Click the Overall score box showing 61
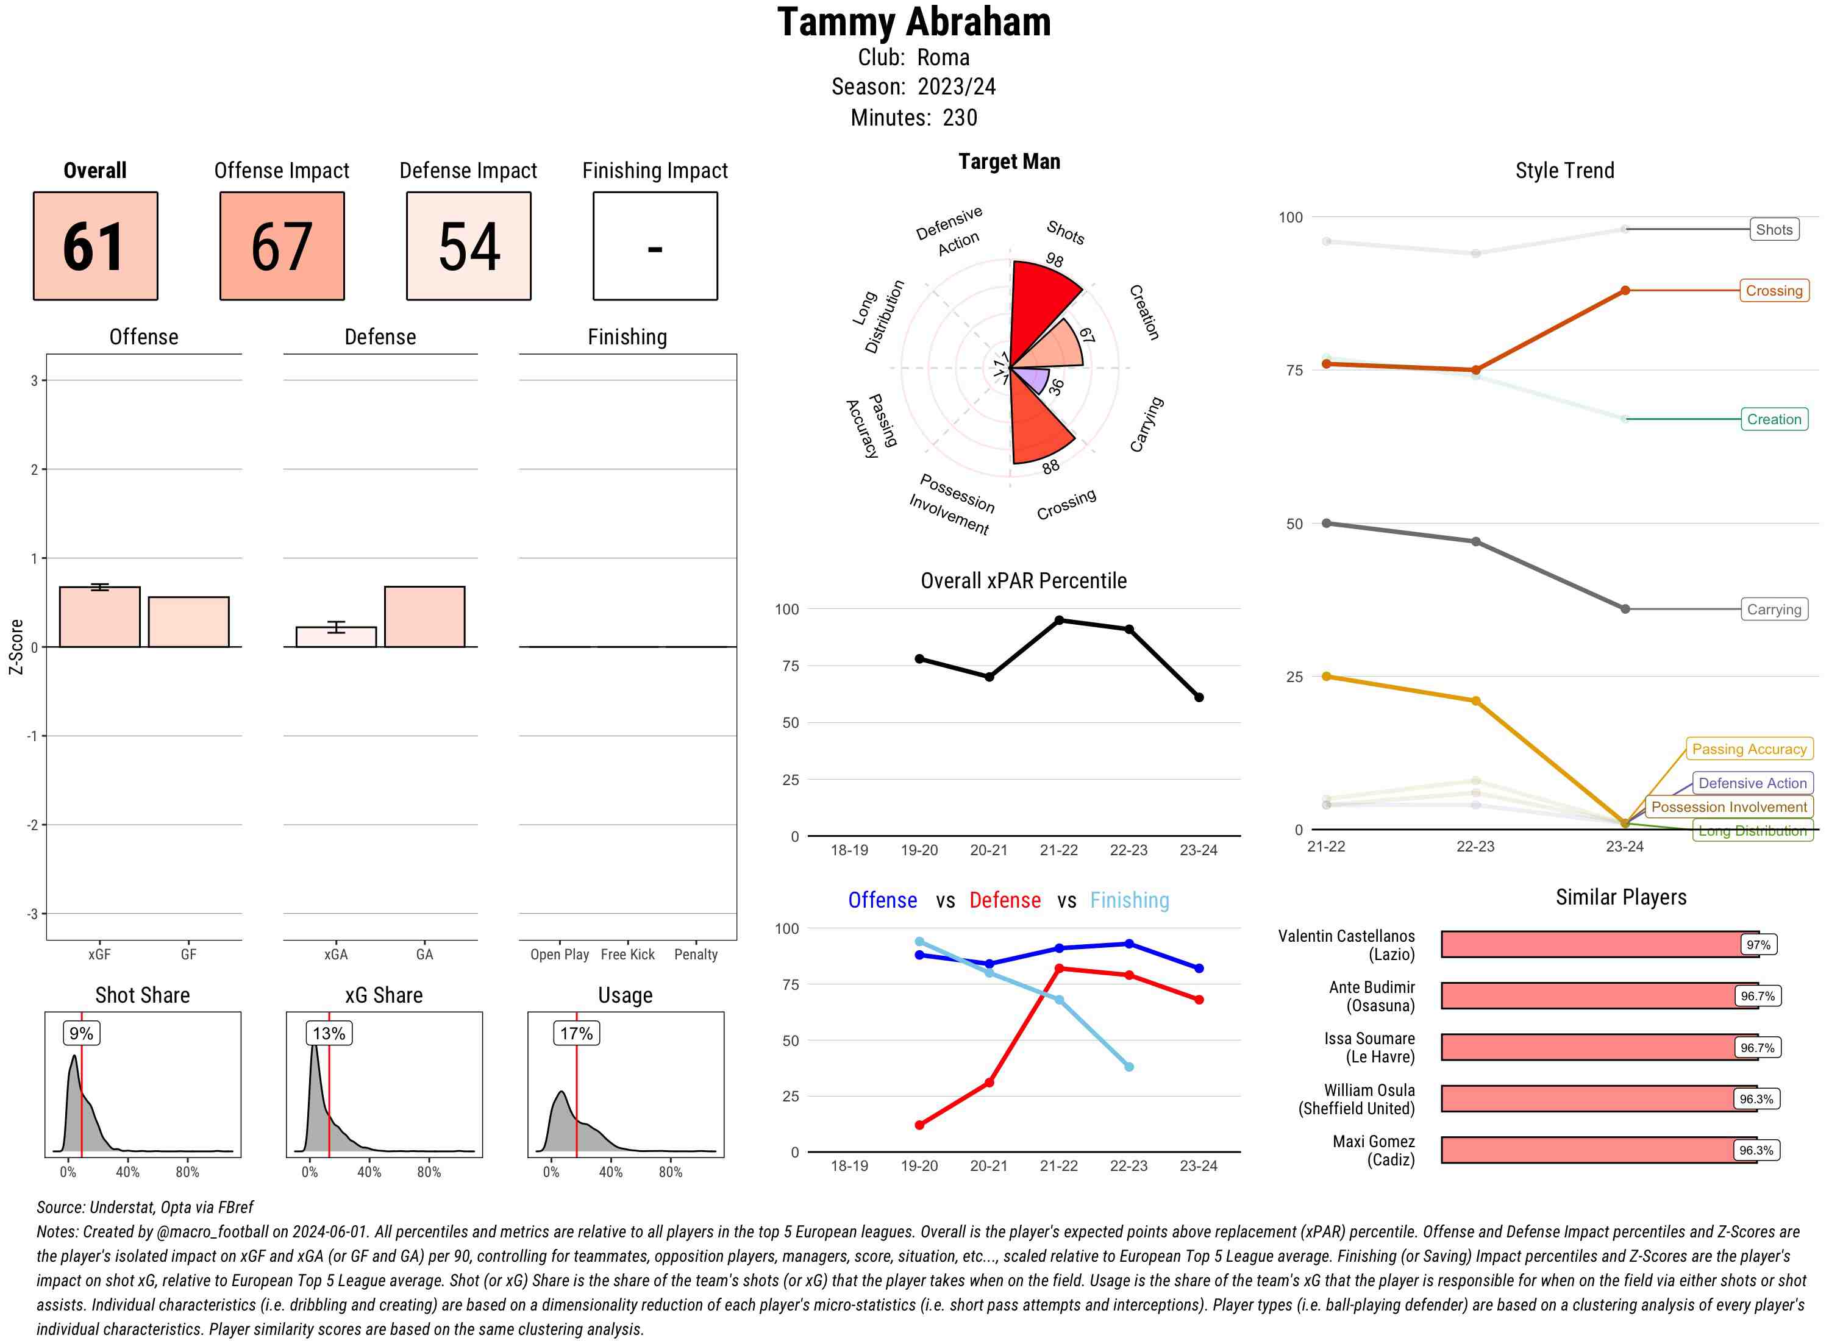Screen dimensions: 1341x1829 pos(95,246)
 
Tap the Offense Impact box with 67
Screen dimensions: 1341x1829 pos(282,246)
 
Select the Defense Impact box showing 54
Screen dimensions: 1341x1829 pos(468,246)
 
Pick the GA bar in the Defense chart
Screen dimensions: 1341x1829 pos(424,616)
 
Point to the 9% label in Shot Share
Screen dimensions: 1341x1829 pos(81,1033)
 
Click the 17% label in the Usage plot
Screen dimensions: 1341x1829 pos(576,1033)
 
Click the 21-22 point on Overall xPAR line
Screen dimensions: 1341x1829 pos(1058,620)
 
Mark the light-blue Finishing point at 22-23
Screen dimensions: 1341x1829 pos(1128,1067)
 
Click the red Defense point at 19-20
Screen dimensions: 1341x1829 pos(919,1125)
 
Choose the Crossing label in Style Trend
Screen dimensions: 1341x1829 pos(1774,291)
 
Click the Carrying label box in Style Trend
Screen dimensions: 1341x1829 pos(1774,610)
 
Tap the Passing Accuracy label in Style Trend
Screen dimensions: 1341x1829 pos(1749,749)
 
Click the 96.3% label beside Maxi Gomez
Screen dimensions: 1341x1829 pos(1756,1150)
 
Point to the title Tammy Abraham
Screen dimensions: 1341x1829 pos(914,22)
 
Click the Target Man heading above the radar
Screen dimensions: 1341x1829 pos(1009,162)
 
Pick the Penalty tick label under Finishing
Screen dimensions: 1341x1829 pos(696,955)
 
